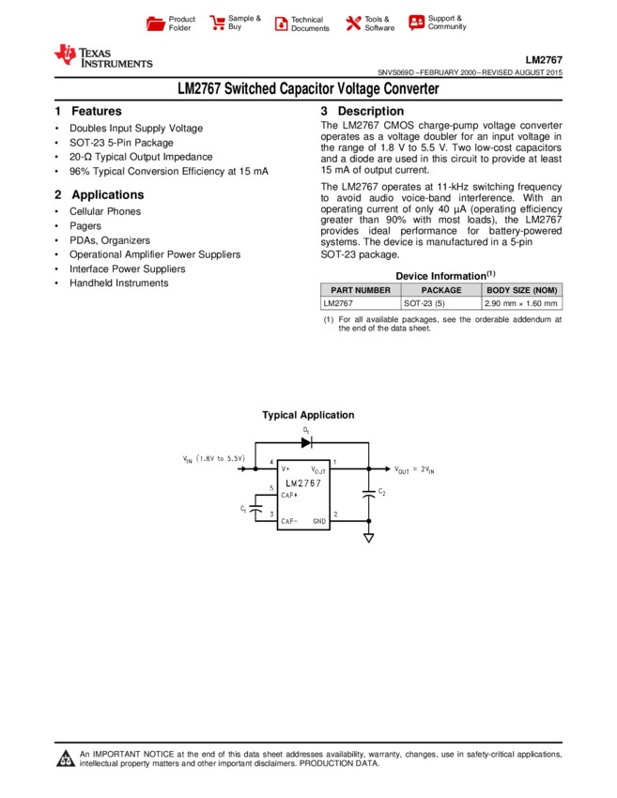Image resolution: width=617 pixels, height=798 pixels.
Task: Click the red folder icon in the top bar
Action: [x=156, y=24]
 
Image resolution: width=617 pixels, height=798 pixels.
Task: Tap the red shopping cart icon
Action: [x=218, y=23]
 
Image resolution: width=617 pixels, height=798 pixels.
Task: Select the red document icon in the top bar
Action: [x=281, y=24]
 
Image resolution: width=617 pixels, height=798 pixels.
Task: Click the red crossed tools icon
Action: [x=353, y=23]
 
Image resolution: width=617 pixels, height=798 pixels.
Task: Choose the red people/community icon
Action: [x=417, y=23]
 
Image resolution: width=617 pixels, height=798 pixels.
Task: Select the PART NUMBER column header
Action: [x=361, y=290]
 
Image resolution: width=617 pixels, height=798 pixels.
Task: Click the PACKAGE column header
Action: [x=441, y=290]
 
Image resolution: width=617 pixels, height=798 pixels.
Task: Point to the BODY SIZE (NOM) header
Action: [x=522, y=290]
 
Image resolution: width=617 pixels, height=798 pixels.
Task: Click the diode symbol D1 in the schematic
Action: [x=306, y=442]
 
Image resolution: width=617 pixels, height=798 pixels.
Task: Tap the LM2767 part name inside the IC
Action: [x=303, y=483]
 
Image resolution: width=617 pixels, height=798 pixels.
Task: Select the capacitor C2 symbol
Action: [x=369, y=494]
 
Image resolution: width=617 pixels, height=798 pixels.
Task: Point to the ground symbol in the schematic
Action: [x=369, y=538]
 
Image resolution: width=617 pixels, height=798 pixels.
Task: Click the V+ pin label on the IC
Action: [x=285, y=468]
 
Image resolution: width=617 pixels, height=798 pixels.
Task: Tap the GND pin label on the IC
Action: [x=319, y=521]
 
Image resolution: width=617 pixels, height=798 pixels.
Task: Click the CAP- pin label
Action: [x=289, y=521]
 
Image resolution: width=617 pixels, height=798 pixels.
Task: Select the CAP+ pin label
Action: [x=289, y=495]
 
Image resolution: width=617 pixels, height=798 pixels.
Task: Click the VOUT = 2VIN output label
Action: [x=414, y=469]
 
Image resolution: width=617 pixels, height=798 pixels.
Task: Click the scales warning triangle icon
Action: [x=66, y=759]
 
